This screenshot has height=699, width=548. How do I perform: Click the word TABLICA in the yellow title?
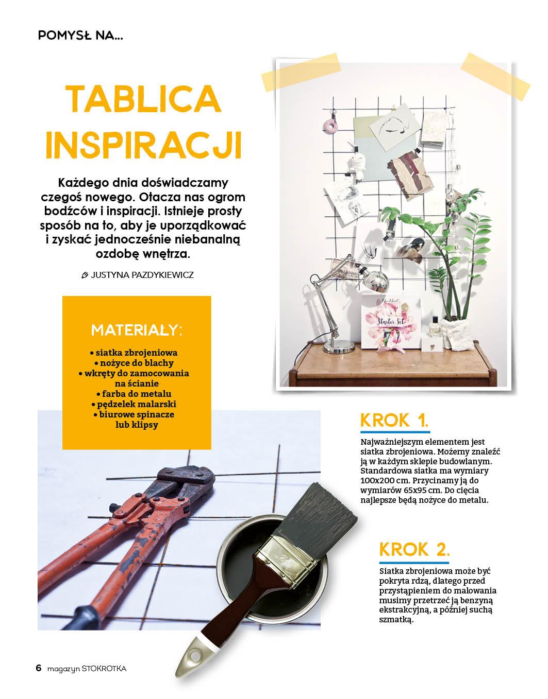(x=143, y=99)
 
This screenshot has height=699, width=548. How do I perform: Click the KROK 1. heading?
(x=394, y=420)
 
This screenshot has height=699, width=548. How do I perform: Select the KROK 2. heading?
(x=414, y=549)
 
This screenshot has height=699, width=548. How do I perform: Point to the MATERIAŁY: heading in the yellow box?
(x=137, y=330)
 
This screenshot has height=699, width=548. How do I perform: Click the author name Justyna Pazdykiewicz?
(x=142, y=275)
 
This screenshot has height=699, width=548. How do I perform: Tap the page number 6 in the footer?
(x=39, y=668)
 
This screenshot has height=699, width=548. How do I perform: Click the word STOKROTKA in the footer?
(x=104, y=669)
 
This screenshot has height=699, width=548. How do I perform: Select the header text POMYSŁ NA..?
(x=80, y=36)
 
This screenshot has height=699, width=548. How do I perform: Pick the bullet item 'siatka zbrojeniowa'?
(x=134, y=353)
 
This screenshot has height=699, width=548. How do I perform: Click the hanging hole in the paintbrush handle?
(x=194, y=655)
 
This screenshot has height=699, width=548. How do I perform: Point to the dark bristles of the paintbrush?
(x=320, y=517)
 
